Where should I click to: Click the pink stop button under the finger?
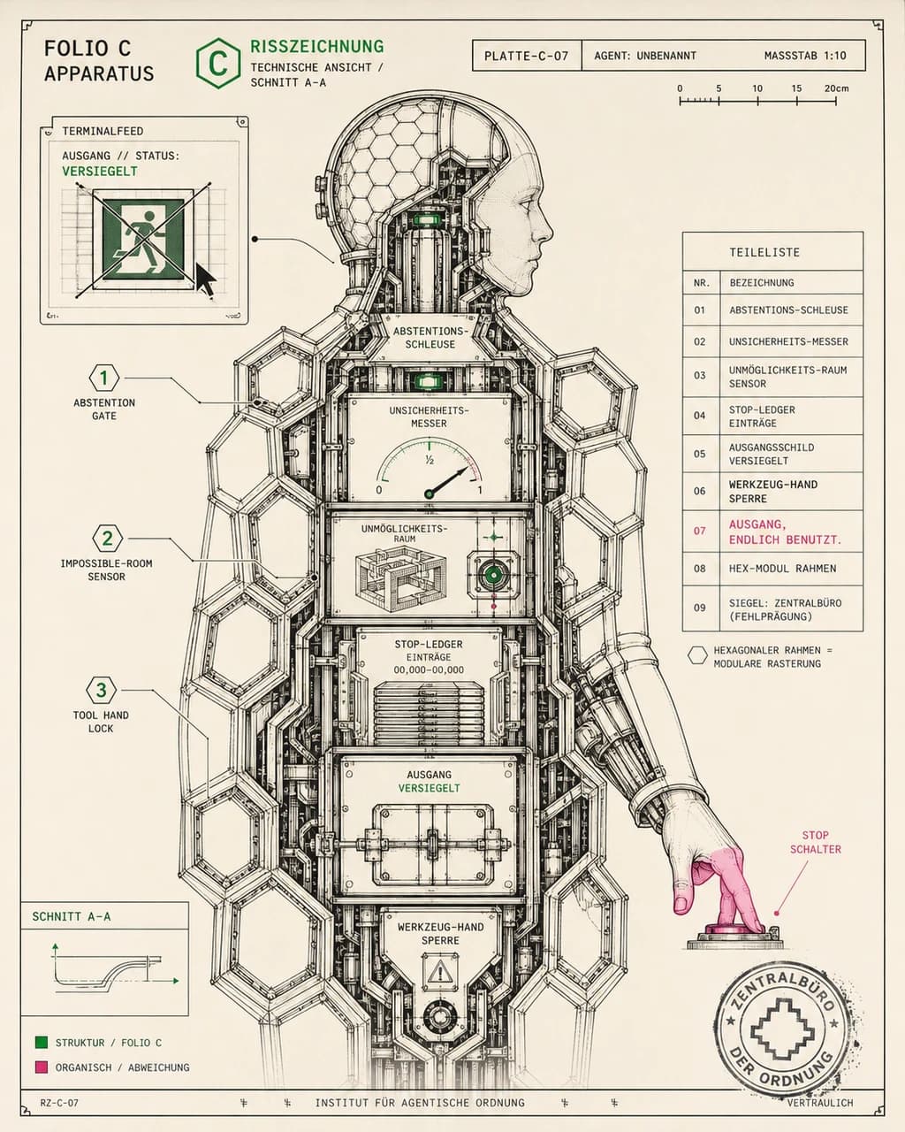(x=736, y=930)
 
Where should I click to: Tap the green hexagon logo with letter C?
(x=218, y=63)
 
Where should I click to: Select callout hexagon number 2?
(x=108, y=538)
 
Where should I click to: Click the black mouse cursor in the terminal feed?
(x=206, y=279)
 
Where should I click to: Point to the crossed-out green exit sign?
(x=143, y=240)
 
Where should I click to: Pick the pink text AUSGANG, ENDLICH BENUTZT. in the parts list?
(x=785, y=532)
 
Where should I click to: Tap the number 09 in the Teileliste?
(x=699, y=608)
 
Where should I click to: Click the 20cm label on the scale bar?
(x=836, y=88)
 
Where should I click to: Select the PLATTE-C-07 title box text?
(x=527, y=56)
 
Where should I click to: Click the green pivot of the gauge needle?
(x=430, y=494)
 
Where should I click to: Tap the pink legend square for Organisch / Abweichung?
(x=41, y=1067)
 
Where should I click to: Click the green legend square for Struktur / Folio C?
(x=41, y=1043)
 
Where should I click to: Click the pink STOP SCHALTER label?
(x=816, y=842)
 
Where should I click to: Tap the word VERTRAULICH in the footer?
(x=820, y=1103)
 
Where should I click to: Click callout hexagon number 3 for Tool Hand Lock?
(x=102, y=690)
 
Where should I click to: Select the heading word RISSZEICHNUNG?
(x=317, y=46)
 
